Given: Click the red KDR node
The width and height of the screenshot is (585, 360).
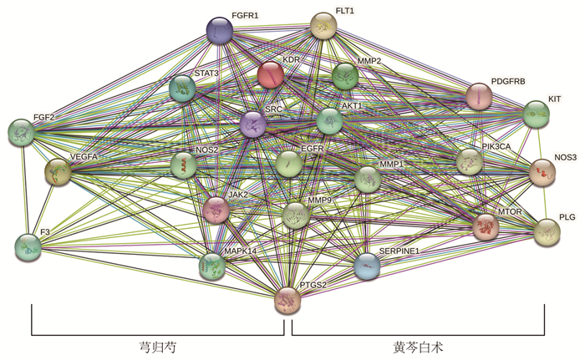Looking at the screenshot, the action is point(271,75).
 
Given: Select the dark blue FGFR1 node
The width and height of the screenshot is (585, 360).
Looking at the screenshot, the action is point(220,30).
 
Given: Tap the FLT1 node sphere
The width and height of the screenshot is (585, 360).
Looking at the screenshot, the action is point(324,25).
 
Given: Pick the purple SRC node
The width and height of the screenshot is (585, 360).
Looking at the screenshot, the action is point(253,124).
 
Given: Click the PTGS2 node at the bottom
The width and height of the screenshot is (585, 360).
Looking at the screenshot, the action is point(287,301).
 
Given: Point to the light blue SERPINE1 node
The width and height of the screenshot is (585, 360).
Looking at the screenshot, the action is point(367,266).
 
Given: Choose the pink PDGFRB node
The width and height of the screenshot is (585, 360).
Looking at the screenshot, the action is point(479,96).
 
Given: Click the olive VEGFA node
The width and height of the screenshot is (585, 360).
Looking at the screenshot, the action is point(58,171).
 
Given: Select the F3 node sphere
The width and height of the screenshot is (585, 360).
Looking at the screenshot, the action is point(28,248).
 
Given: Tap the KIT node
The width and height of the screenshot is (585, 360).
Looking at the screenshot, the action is point(537,114).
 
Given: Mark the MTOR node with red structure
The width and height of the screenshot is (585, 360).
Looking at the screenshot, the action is point(486,227).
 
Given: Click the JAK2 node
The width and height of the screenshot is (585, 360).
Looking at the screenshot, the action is point(216,210).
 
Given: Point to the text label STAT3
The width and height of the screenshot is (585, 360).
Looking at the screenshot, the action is point(206,74).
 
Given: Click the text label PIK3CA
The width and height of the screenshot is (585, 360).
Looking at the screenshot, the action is point(496,147).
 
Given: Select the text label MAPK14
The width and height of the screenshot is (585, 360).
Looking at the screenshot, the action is point(241,251).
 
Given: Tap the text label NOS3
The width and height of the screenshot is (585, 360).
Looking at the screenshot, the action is point(565,157).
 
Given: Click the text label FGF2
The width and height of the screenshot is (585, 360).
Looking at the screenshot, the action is point(44,118).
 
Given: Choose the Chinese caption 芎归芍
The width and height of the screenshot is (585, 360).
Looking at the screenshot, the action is point(157,347).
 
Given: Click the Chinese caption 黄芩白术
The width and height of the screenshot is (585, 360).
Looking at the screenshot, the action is point(418,347).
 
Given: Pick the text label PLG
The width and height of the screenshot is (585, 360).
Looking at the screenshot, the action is point(567,217).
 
